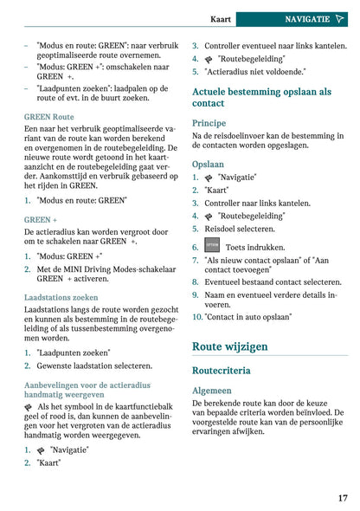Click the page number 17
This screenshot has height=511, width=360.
343,497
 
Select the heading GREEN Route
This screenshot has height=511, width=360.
48,116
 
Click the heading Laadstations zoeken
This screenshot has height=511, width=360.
61,297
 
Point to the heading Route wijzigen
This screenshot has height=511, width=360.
229,346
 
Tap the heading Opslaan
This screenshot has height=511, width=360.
208,163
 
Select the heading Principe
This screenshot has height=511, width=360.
209,123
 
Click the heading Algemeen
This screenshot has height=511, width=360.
211,390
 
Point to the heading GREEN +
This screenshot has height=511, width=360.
41,220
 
